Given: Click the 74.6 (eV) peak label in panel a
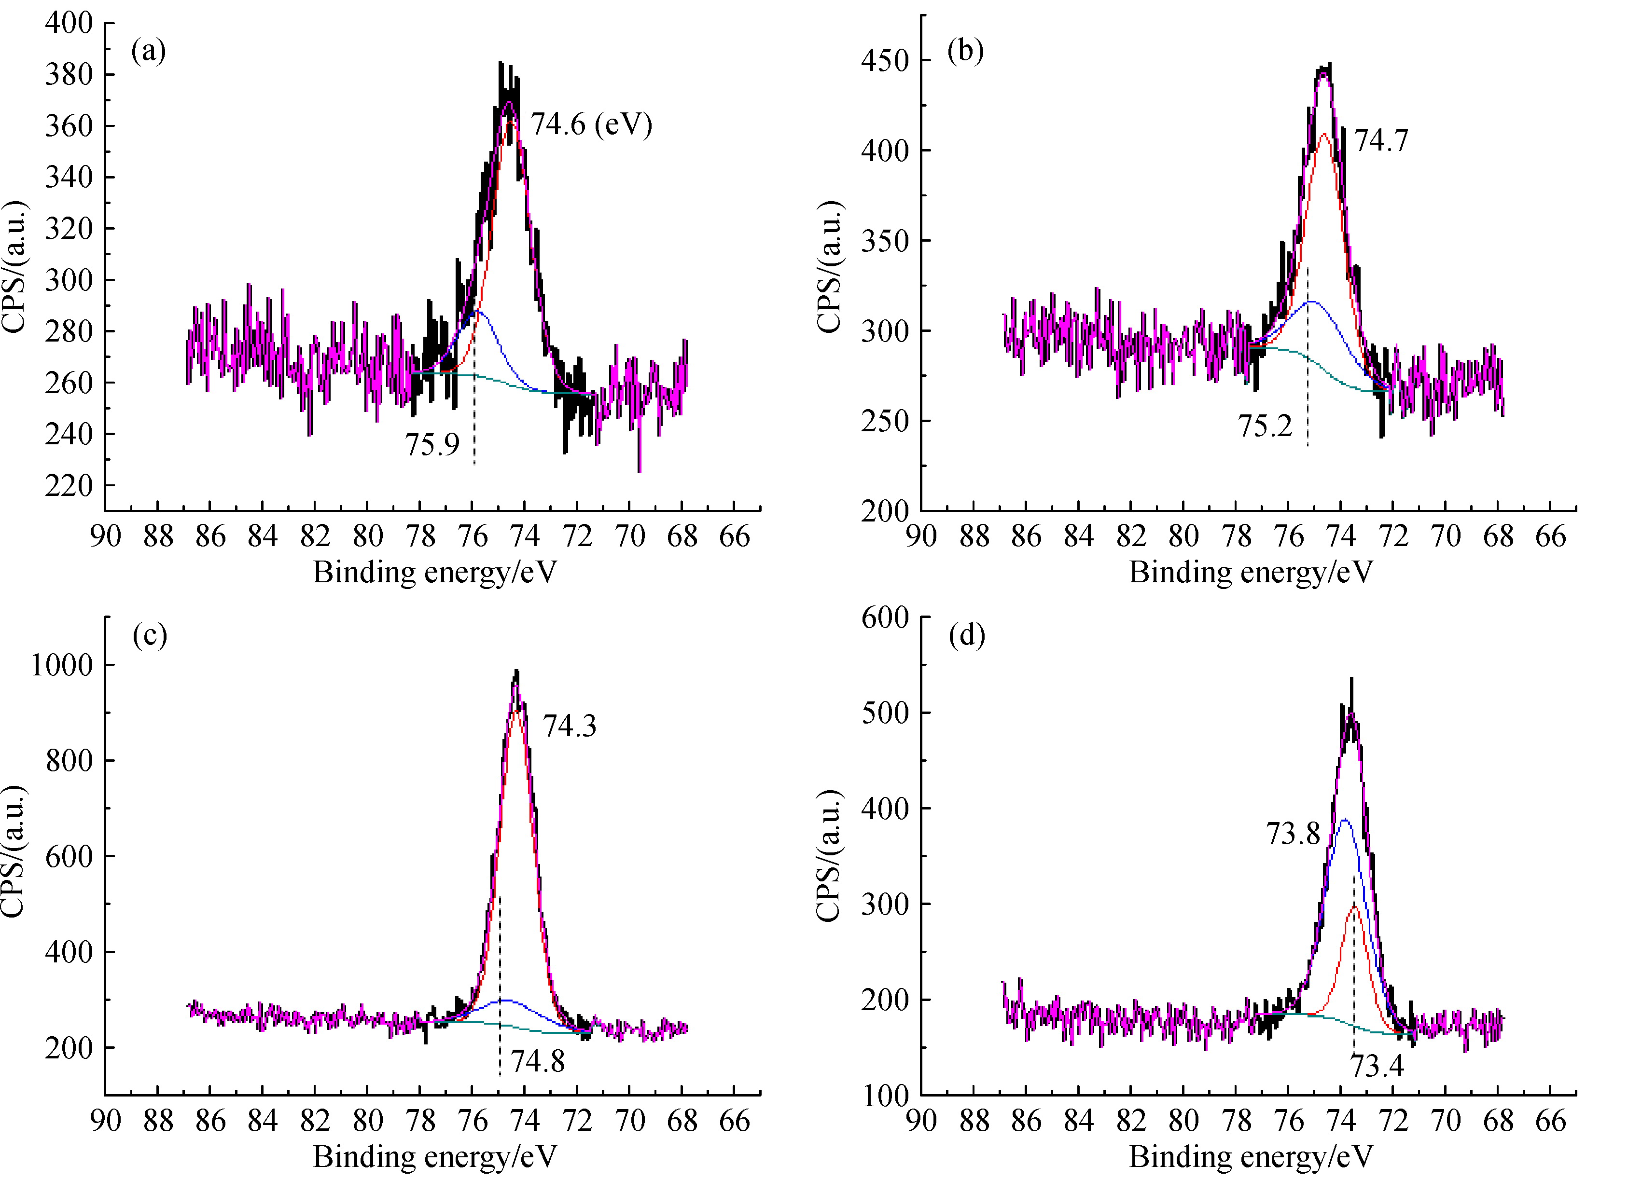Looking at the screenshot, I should click(x=591, y=125).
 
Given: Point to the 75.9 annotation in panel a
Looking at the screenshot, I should click(x=432, y=444).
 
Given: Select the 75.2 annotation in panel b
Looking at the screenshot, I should click(x=1265, y=426).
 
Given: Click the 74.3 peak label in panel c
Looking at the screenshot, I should click(x=570, y=726).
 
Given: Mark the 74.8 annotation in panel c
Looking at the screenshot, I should click(x=538, y=1062).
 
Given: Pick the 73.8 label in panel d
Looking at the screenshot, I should click(x=1293, y=834).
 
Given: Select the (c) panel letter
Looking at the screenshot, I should click(x=150, y=635).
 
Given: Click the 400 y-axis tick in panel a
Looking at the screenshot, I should click(x=70, y=23).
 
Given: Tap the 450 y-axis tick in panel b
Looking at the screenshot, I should click(x=884, y=61).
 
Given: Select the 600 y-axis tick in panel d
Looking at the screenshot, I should click(x=884, y=617).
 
